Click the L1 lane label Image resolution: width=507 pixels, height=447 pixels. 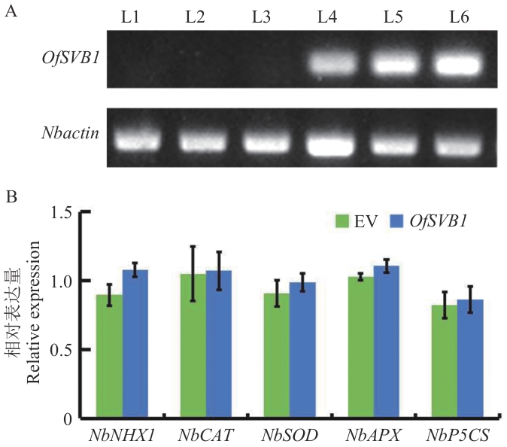point(130,17)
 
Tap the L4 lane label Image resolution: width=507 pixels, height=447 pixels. point(326,17)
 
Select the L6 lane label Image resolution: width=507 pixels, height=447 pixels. point(459,17)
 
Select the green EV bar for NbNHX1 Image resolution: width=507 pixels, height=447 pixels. point(110,357)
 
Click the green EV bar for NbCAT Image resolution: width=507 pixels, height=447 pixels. point(193,346)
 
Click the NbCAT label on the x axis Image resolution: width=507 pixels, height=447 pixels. point(205,434)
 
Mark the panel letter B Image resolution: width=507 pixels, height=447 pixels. point(11,198)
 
